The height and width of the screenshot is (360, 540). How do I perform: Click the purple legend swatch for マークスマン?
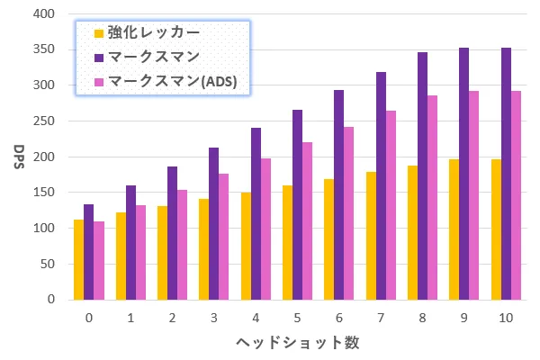click(x=99, y=58)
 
